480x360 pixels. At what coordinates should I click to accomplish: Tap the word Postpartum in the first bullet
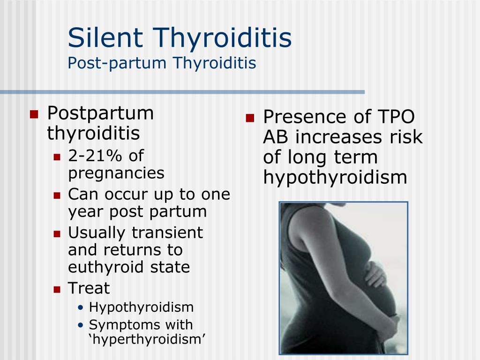[x=100, y=113]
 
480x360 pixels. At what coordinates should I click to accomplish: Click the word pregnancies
[x=116, y=173]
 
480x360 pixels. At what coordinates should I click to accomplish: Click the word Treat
[x=89, y=288]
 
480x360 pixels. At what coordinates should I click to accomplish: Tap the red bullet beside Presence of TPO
[x=249, y=118]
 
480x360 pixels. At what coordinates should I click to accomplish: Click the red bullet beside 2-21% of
[x=57, y=157]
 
